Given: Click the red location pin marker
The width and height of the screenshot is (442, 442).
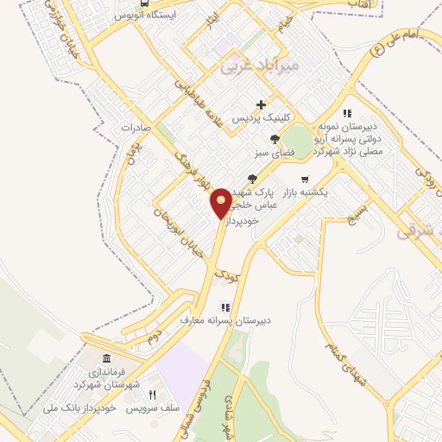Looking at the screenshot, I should click(x=221, y=203).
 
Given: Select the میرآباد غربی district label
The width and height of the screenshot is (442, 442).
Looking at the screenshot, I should click(x=259, y=63).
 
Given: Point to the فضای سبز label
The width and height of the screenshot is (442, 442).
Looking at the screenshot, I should click(x=269, y=154).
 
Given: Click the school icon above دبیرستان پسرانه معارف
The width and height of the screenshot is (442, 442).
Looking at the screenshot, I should click(x=226, y=306).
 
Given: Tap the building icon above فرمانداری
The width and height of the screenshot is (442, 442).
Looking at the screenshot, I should click(x=106, y=359).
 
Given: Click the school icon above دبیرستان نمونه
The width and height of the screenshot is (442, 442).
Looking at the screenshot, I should click(x=347, y=112).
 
